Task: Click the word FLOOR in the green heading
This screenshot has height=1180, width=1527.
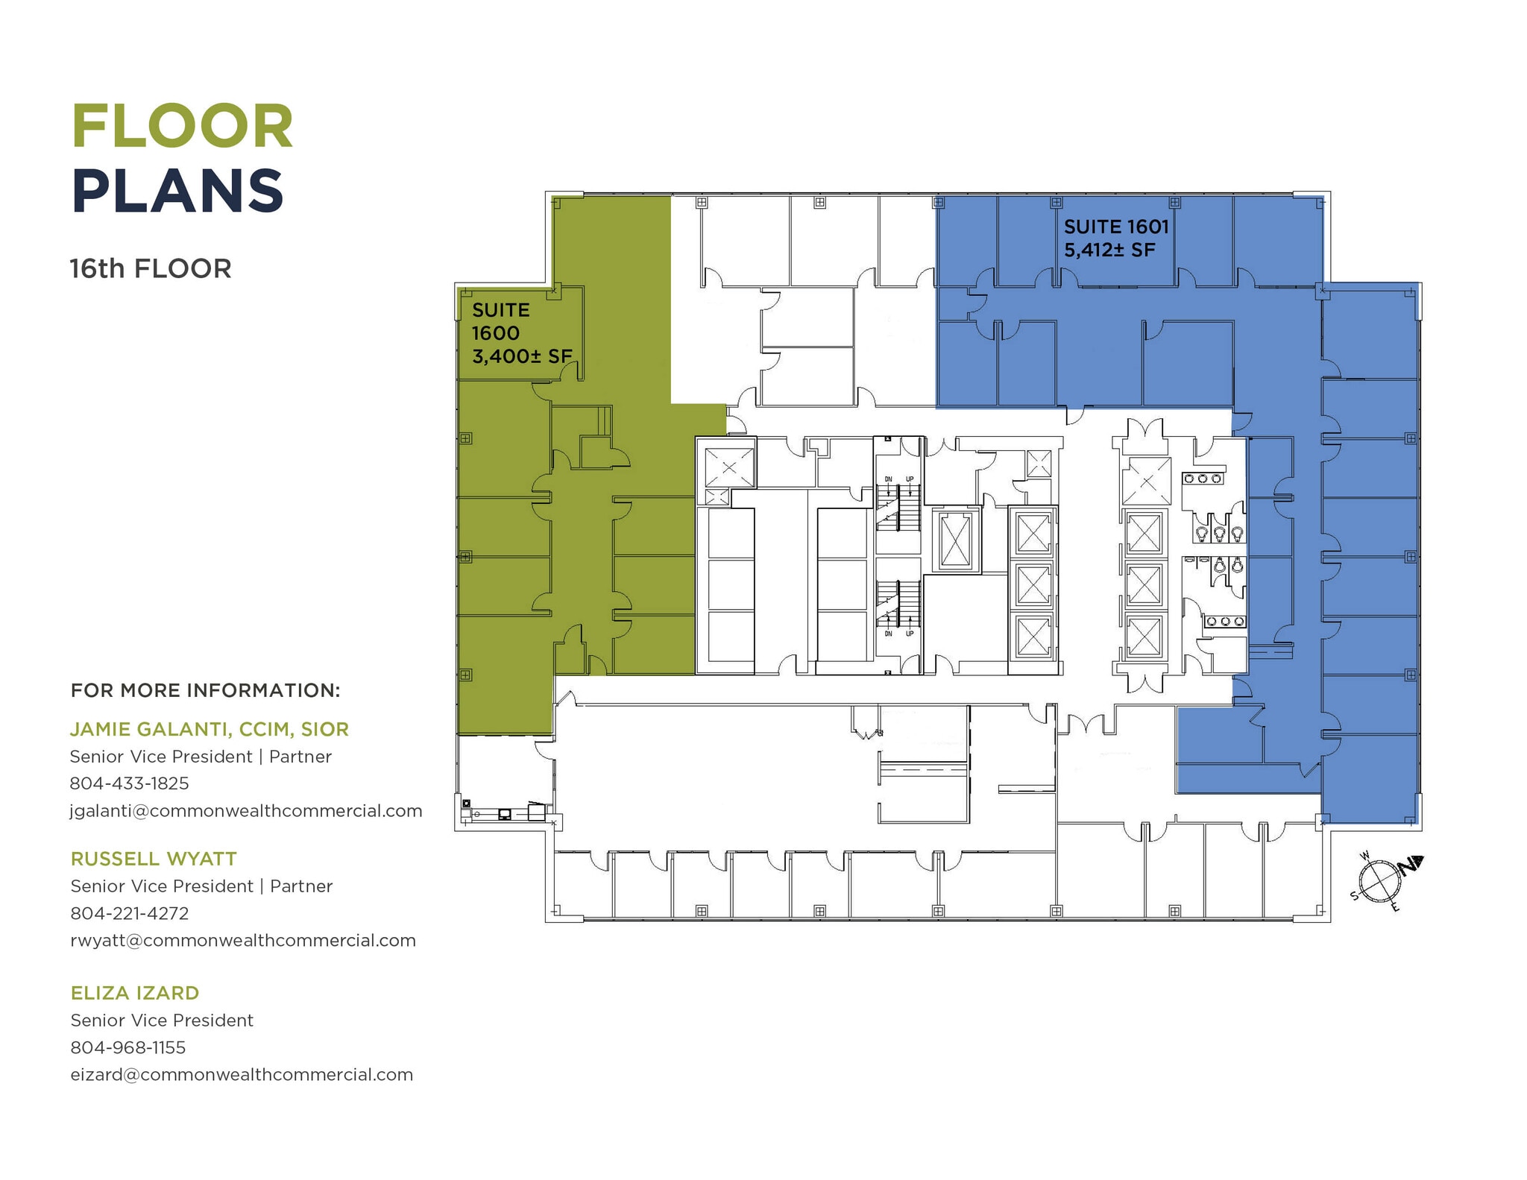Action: [x=183, y=126]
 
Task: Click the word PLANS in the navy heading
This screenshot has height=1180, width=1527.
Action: [x=178, y=191]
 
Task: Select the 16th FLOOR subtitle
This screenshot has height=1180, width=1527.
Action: [x=151, y=268]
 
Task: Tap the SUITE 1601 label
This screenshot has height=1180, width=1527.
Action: [x=1116, y=227]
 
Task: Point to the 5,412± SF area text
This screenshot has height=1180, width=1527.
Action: [x=1109, y=250]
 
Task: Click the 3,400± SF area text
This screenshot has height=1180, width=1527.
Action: [x=522, y=356]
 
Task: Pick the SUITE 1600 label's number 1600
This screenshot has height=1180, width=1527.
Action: [x=496, y=333]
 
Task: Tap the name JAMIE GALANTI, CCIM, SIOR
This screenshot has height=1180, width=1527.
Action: [x=210, y=729]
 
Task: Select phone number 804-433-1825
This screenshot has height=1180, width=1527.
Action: [x=130, y=783]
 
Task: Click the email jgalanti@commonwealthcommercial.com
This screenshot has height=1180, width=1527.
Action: [x=246, y=811]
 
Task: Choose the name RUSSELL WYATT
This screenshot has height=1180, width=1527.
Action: [x=154, y=859]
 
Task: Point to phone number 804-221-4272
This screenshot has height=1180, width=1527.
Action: [x=130, y=913]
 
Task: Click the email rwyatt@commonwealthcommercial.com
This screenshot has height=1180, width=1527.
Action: [x=243, y=941]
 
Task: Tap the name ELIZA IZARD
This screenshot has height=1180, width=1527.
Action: [x=135, y=993]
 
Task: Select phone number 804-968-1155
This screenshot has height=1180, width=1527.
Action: [x=128, y=1047]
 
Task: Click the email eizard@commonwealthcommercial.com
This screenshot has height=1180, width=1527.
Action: [x=242, y=1075]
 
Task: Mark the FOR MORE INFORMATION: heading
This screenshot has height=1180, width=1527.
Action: [x=205, y=690]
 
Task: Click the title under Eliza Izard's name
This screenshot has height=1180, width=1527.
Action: [x=162, y=1020]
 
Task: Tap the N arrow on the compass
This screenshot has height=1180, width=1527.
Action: [x=1411, y=865]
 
